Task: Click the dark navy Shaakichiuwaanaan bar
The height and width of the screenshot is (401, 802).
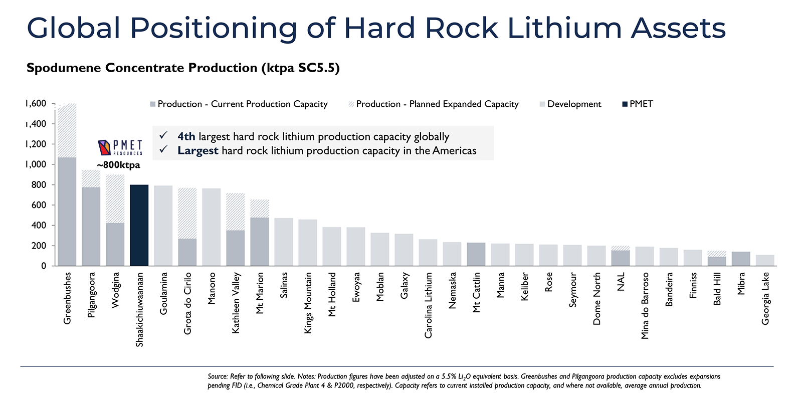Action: point(139,225)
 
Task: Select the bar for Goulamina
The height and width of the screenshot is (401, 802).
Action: point(163,226)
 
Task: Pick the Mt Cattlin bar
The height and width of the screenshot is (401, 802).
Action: point(476,254)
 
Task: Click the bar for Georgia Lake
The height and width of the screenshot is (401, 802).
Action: point(765,260)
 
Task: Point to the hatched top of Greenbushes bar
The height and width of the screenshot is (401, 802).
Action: point(67,130)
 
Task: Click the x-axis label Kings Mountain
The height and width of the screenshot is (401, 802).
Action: point(308,303)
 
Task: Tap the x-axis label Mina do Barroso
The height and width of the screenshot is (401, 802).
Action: point(645,305)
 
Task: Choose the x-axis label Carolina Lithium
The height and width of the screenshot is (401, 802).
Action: point(429,305)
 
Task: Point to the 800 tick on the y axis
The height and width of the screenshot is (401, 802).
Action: point(38,184)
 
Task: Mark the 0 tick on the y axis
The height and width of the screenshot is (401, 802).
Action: point(44,266)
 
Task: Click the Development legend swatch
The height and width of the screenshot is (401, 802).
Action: point(542,104)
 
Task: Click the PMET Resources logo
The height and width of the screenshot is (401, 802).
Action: point(120,147)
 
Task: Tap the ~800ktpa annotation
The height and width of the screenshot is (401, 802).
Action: point(119,165)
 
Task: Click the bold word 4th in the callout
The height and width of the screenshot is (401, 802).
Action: point(186,136)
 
